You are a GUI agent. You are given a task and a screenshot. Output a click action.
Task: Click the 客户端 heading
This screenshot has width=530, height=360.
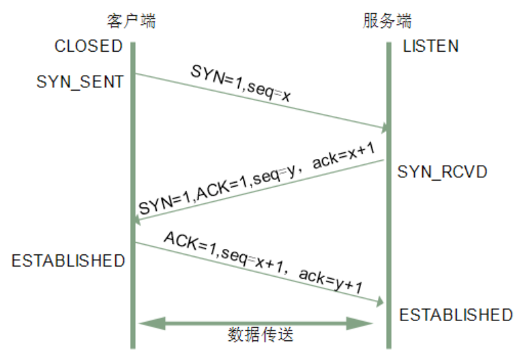[x=132, y=20]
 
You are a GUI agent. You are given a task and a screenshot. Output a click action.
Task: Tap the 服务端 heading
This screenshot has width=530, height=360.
[x=387, y=20]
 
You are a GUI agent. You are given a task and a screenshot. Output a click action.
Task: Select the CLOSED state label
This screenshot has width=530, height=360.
[x=89, y=46]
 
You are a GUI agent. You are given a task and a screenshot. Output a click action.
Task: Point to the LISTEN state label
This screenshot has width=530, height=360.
[x=431, y=46]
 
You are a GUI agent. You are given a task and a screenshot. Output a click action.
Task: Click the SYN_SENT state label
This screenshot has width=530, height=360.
[x=80, y=82]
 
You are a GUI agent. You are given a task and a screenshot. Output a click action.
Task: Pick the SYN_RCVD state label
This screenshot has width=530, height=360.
[x=443, y=171]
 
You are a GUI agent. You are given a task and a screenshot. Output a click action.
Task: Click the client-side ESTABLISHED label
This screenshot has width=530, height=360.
[x=68, y=260]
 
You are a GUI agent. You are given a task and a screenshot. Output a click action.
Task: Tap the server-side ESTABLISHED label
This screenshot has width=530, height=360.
[x=456, y=315]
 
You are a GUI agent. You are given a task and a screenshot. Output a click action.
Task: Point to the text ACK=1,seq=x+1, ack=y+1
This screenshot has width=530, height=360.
[x=263, y=262]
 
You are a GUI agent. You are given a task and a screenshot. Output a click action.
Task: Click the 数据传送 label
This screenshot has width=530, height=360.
[x=261, y=335]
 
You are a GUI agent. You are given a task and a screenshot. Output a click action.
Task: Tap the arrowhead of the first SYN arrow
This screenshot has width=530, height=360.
[x=386, y=127]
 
